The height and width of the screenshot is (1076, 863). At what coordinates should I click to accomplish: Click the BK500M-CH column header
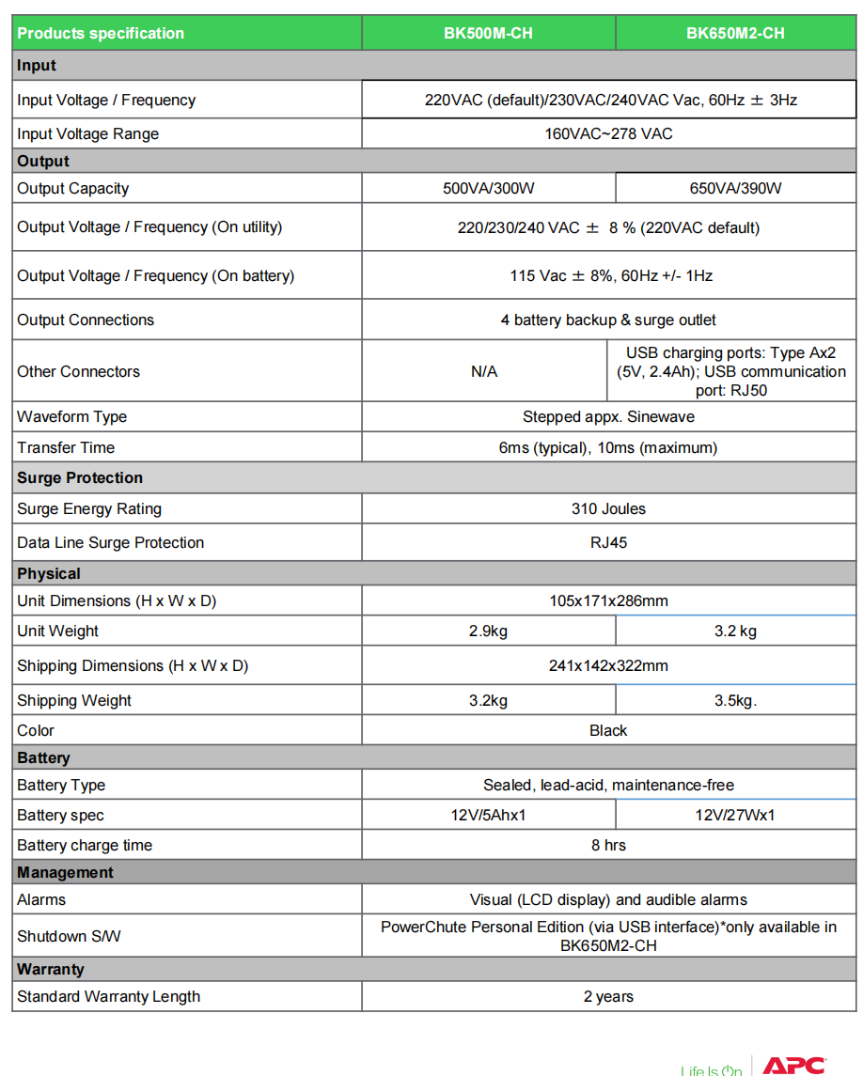pos(488,33)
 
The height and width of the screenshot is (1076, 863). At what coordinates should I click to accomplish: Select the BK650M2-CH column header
pos(735,33)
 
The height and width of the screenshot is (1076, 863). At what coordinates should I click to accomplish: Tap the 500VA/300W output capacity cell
pos(488,188)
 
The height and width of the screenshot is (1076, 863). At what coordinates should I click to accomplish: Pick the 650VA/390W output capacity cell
pos(735,188)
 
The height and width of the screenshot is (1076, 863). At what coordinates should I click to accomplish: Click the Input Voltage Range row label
pos(87,133)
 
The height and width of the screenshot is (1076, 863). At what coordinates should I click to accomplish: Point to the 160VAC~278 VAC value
pos(608,133)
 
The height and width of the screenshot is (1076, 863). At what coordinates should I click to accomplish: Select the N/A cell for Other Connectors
pos(484,371)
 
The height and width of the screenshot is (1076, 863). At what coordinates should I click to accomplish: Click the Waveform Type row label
pos(71,416)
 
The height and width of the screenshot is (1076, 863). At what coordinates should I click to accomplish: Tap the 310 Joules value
pos(608,508)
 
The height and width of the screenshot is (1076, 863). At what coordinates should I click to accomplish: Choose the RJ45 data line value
pos(608,542)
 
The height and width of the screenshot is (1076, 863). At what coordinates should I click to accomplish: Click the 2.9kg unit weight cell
pos(488,631)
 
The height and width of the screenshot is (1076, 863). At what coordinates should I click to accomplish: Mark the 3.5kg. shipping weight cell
pos(735,700)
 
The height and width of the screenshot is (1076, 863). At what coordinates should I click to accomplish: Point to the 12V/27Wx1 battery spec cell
pos(735,815)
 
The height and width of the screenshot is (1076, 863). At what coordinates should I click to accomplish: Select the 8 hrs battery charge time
pos(608,845)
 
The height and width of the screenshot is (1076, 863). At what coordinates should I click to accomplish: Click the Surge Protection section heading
pos(80,477)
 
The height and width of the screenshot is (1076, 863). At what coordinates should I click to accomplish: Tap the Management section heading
pos(65,872)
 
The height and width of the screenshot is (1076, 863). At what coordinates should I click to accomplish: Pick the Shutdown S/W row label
pos(69,936)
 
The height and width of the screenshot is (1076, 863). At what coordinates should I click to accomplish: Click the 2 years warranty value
pos(608,996)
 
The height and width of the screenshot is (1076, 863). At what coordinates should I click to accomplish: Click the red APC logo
pos(793,1065)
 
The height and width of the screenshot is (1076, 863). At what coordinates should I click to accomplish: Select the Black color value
pos(608,730)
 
